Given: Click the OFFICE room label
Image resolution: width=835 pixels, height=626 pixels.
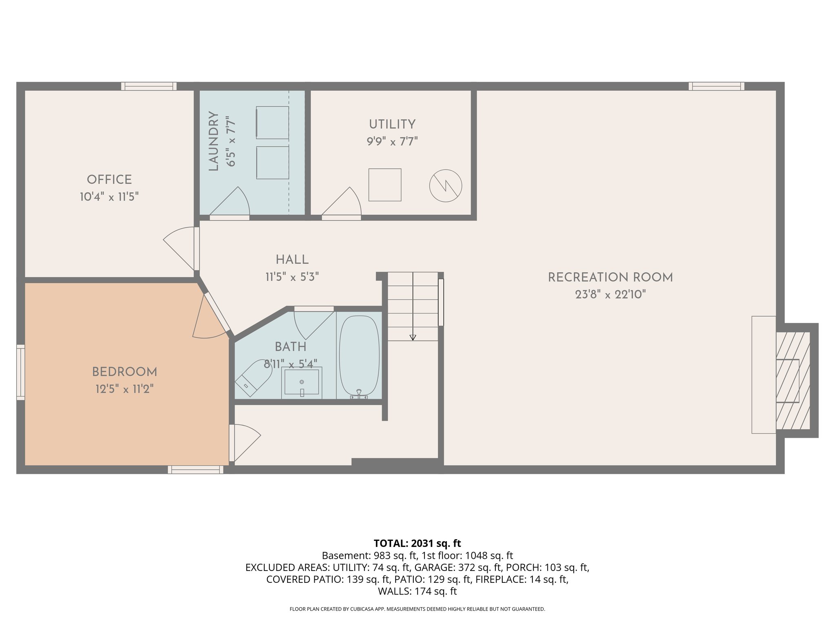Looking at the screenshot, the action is [109, 180].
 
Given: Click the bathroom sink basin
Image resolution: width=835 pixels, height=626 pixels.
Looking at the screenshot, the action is [302, 382].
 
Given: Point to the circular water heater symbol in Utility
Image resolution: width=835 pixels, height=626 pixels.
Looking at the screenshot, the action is [446, 186].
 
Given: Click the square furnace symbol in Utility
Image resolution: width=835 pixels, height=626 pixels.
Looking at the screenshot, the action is [385, 185].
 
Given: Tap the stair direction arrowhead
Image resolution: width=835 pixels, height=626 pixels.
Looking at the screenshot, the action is [413, 337].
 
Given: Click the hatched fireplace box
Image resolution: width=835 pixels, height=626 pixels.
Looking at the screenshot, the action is [793, 380].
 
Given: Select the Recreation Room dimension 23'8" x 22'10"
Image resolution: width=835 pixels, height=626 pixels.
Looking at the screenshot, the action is [610, 295].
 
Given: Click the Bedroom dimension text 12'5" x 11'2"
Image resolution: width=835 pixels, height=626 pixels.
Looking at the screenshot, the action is [124, 389].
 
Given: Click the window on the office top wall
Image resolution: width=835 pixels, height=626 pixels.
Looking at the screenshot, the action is [149, 86].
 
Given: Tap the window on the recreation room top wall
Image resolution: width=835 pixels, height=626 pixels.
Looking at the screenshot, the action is [716, 86].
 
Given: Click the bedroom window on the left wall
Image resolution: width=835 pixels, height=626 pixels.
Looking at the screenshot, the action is [20, 372].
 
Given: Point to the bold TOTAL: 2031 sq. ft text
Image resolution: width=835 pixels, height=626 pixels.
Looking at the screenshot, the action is [417, 543].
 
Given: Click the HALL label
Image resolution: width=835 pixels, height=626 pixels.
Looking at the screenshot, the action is [292, 260].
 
